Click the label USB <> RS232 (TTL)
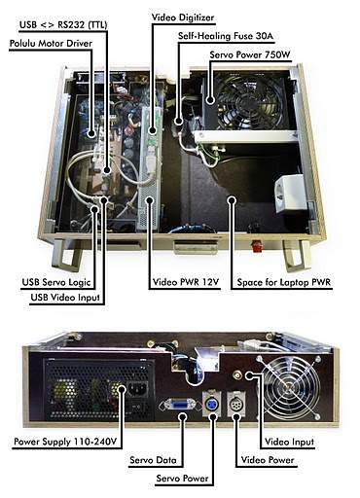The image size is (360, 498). point(63,24)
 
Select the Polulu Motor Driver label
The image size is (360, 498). point(51,44)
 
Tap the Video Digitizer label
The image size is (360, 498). point(183,18)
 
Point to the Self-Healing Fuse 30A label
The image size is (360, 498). point(226,36)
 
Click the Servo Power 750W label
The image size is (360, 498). point(250,54)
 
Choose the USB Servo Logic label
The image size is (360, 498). point(56,282)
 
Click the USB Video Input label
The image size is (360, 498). point(65,298)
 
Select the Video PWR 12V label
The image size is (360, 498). point(186,282)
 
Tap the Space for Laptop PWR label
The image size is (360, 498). point(284,282)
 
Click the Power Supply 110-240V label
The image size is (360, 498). point(65,442)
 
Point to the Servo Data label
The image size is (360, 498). point(153,460)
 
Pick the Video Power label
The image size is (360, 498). point(268,460)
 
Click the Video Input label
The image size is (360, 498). point(289,442)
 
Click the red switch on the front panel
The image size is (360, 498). point(258,246)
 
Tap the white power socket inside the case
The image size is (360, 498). point(290,194)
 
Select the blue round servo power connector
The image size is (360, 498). point(211,404)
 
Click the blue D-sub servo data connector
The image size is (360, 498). point(177,406)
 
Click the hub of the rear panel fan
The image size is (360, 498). point(287,387)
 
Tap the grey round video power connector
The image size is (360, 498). point(235,404)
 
